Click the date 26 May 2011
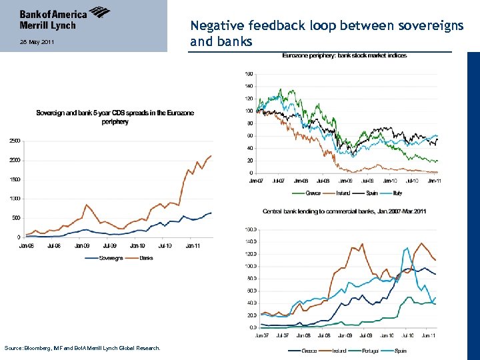(x=34, y=42)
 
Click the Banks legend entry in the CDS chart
(x=146, y=258)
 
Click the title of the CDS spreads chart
(x=115, y=117)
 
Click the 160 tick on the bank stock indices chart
(x=248, y=73)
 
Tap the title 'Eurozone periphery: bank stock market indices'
(x=345, y=55)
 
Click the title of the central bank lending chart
(x=345, y=211)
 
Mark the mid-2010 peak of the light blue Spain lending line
(x=407, y=249)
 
